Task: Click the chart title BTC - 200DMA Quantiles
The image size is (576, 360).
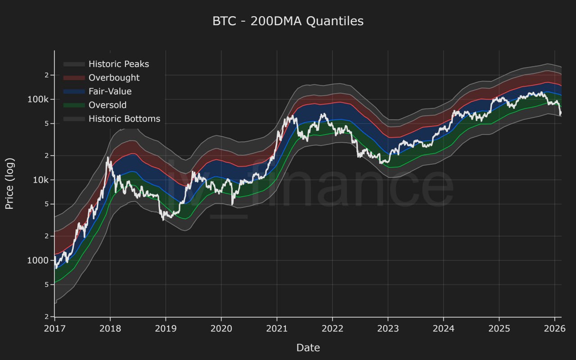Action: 288,21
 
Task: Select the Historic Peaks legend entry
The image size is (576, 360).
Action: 118,64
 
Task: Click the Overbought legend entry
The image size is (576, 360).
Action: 114,78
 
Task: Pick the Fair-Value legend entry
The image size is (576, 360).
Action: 110,91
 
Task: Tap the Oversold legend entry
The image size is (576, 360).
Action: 107,105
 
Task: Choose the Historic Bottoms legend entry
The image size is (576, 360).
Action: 124,119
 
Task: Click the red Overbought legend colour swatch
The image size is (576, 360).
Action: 74,78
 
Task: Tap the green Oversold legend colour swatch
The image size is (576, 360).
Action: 74,105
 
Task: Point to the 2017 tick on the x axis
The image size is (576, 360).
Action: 54,329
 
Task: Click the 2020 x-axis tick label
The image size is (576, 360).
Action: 221,329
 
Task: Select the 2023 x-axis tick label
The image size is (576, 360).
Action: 388,329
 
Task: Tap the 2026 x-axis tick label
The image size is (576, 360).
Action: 554,329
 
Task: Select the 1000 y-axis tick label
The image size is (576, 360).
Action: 39,261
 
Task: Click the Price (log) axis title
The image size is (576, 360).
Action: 9,184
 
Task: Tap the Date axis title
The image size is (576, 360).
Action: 308,347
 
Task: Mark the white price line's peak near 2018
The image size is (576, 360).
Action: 108,157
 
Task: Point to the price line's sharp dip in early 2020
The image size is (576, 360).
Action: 233,205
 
